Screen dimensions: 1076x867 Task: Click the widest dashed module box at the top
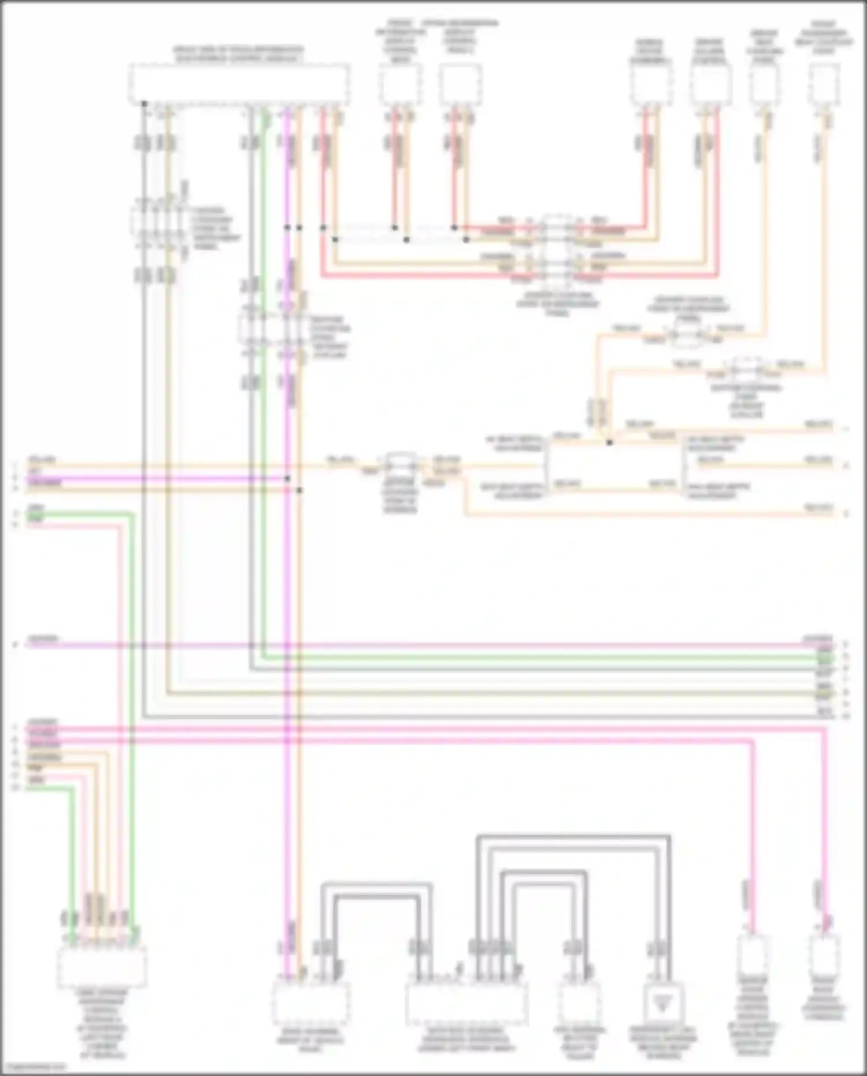click(239, 84)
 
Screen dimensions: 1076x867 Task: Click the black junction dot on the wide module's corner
click(144, 104)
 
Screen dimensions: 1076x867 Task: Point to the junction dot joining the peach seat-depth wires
click(609, 443)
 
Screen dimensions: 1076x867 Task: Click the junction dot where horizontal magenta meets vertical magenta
click(287, 479)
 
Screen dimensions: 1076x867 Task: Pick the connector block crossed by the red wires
click(557, 250)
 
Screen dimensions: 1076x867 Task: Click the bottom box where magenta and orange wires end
click(310, 1002)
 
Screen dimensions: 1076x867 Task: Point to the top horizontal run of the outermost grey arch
click(572, 836)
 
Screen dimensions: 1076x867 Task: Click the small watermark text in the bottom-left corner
click(35, 1066)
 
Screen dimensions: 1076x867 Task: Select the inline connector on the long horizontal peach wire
click(399, 465)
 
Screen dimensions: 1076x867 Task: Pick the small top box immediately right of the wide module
click(400, 84)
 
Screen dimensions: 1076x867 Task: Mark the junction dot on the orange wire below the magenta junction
click(299, 490)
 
